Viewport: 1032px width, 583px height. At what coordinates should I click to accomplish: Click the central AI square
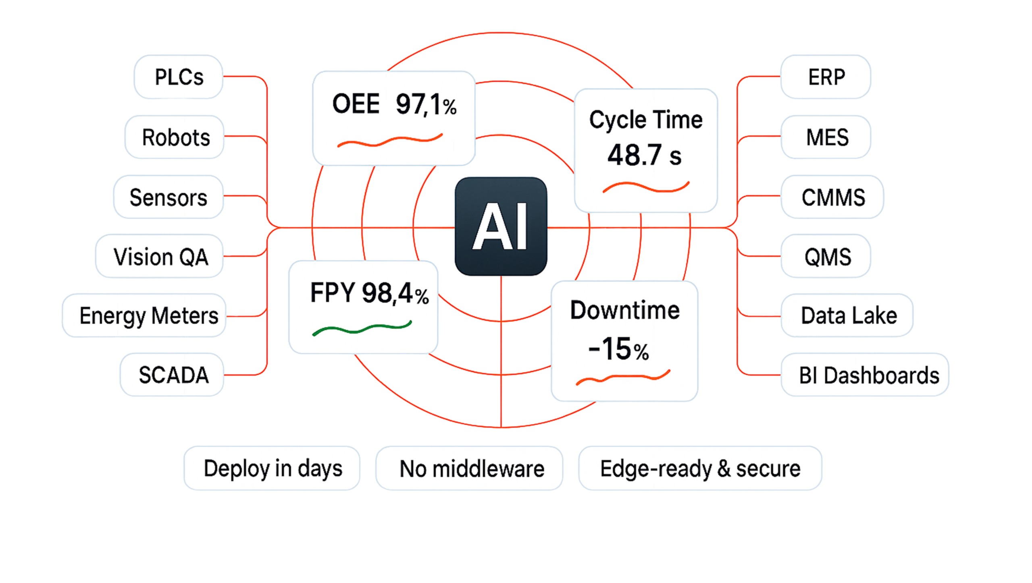click(501, 226)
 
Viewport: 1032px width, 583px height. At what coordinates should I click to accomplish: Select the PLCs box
click(179, 77)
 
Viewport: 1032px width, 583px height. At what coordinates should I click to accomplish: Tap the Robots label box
click(175, 137)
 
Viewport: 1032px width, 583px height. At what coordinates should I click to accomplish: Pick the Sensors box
click(168, 197)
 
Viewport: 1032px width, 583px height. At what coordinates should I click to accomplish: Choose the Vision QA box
click(160, 256)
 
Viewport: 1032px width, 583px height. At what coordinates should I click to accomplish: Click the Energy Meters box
click(144, 315)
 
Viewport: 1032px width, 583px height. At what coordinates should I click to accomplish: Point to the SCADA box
click(172, 375)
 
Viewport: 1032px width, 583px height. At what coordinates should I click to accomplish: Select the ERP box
click(826, 77)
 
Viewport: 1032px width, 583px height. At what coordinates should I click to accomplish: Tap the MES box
click(826, 137)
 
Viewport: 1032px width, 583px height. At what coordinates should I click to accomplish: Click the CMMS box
click(832, 197)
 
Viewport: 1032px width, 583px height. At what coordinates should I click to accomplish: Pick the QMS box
click(826, 256)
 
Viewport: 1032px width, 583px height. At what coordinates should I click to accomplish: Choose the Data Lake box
click(847, 315)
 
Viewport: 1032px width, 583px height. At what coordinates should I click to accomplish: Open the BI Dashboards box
click(865, 375)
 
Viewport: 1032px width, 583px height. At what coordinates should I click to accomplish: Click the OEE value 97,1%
click(426, 105)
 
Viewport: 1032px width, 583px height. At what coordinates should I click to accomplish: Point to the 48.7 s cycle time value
click(644, 156)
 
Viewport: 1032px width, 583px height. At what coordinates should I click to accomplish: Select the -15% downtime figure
click(618, 349)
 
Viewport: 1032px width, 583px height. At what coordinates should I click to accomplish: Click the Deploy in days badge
click(272, 468)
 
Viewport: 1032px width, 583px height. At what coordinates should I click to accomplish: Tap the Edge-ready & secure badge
click(700, 468)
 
